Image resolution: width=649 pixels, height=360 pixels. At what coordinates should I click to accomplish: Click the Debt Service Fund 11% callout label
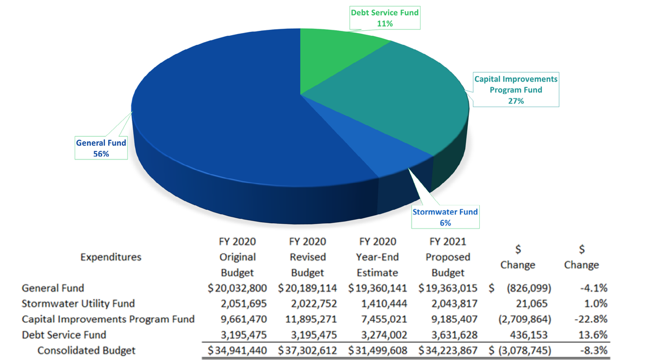click(x=385, y=18)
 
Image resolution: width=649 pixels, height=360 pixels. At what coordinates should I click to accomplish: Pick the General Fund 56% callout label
click(x=101, y=148)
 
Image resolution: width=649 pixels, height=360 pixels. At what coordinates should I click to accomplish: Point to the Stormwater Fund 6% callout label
click(x=445, y=217)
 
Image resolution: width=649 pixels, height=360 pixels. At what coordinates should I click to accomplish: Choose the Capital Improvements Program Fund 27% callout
click(x=516, y=90)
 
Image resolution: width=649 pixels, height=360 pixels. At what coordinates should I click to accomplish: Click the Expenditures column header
click(x=111, y=257)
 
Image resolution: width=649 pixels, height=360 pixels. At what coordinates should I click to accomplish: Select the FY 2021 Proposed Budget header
click(x=448, y=257)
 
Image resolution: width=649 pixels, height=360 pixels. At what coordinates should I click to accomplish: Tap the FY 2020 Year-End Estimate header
click(x=378, y=257)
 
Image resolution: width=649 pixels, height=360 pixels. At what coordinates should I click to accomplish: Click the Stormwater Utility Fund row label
click(x=78, y=304)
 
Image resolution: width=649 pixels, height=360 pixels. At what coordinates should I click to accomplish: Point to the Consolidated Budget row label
click(x=87, y=350)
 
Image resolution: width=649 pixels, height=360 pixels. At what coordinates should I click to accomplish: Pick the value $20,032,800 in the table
click(x=237, y=288)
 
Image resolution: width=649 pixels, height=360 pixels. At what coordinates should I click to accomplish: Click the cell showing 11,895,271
click(x=311, y=319)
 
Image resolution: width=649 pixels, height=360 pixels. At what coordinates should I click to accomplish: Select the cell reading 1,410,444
click(x=384, y=304)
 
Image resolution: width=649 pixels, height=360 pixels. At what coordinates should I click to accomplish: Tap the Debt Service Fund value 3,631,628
click(x=454, y=335)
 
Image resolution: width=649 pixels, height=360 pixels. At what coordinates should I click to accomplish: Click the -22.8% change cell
click(x=591, y=319)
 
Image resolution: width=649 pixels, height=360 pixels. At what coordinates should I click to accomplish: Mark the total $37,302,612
click(x=307, y=350)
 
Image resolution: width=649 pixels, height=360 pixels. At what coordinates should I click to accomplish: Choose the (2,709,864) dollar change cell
click(x=525, y=319)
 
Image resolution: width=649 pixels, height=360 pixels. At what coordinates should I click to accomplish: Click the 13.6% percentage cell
click(x=593, y=335)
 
